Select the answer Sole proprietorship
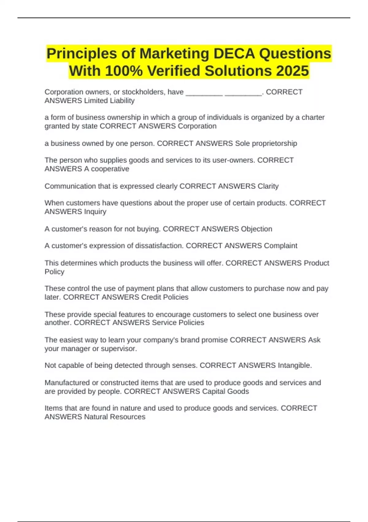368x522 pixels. pyautogui.click(x=266, y=143)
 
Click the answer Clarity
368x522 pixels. pyautogui.click(x=268, y=186)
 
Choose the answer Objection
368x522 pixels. pyautogui.click(x=256, y=229)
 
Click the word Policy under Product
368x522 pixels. pyautogui.click(x=55, y=272)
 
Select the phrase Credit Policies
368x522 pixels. pyautogui.click(x=165, y=297)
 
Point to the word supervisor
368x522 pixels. pyautogui.click(x=119, y=349)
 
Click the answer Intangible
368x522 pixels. pyautogui.click(x=295, y=365)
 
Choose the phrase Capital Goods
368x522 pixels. pyautogui.click(x=225, y=391)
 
